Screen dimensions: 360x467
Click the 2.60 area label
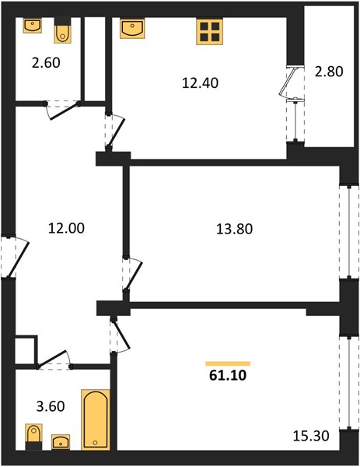46,63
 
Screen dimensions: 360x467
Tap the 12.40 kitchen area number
200,83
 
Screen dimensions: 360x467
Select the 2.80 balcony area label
329,72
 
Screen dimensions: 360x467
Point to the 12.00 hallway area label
66,228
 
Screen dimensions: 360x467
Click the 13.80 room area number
235,230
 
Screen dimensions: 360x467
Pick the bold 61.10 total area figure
228,375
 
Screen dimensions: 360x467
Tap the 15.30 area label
311,436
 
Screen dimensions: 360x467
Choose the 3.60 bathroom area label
51,406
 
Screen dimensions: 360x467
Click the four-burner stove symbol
210,32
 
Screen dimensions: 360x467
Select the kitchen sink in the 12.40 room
132,28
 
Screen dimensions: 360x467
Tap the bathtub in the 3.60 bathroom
96,420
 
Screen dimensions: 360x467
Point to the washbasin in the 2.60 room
33,26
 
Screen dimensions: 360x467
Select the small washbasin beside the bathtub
61,441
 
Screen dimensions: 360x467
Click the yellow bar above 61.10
228,363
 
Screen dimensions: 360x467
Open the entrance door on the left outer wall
15,258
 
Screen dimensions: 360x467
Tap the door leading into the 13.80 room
132,274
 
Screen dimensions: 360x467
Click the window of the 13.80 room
349,232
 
